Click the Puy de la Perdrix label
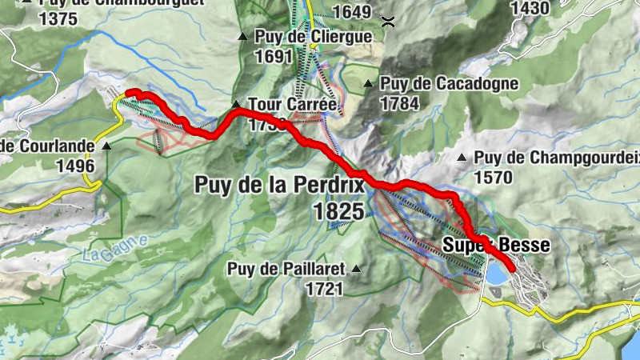pos(279,186)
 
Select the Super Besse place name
pos(497,246)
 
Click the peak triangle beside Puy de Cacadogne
pos(369,83)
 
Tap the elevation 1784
pos(401,103)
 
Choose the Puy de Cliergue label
pos(314,37)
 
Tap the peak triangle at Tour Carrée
pos(236,104)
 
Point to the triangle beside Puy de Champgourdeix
pos(462,157)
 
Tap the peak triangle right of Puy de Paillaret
pos(356,268)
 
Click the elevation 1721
pos(323,288)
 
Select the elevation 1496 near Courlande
pos(75,166)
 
